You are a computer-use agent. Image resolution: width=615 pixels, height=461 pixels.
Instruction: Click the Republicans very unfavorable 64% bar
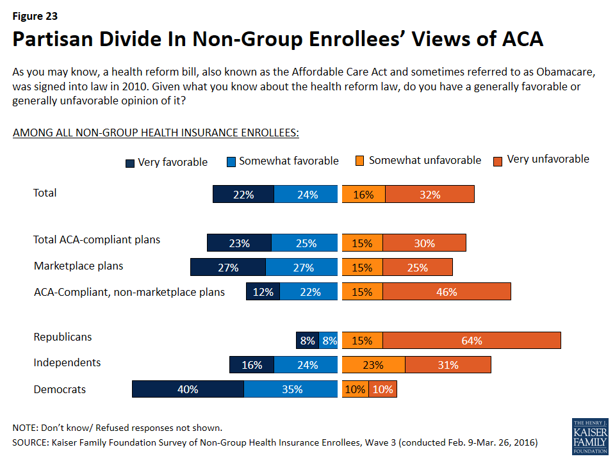471,341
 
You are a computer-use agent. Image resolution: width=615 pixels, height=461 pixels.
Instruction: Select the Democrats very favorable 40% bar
188,389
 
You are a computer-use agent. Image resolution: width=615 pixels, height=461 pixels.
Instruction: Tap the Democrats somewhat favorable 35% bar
291,389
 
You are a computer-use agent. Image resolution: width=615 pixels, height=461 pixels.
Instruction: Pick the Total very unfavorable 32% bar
430,194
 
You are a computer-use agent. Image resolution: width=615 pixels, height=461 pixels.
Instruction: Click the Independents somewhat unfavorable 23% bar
373,365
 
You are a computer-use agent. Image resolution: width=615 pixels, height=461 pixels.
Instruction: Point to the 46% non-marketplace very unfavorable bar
447,291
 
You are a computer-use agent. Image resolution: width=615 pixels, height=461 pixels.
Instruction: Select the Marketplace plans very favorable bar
227,267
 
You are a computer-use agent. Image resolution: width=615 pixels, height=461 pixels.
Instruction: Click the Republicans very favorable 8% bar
307,341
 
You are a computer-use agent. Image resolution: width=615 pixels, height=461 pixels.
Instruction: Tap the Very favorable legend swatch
130,163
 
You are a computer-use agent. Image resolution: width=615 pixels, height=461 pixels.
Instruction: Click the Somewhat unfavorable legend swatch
361,161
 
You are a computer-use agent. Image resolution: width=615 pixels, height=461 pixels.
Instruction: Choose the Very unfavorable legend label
548,159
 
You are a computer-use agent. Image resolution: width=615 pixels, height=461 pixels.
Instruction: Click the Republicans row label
63,337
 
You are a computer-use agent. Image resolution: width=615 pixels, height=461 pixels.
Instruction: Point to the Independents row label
67,362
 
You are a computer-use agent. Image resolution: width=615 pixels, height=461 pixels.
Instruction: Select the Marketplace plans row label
78,266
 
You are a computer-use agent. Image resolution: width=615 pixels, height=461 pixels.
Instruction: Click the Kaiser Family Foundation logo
589,436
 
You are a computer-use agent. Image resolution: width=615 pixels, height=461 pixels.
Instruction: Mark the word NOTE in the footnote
25,428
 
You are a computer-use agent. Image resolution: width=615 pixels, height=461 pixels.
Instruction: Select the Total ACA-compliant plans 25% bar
304,243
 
